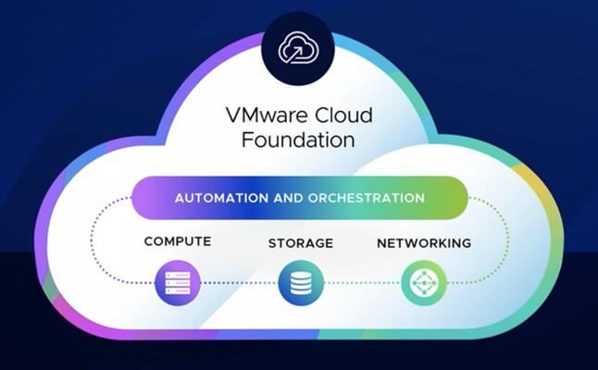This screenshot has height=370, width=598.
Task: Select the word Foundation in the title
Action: (x=298, y=140)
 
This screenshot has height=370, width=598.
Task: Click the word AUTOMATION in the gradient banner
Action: (x=221, y=198)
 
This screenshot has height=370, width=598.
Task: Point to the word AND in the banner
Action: (x=288, y=198)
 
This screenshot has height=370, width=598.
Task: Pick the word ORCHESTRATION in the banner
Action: (x=367, y=198)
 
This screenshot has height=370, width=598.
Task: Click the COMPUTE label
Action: (x=178, y=241)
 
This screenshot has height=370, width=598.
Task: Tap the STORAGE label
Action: (x=301, y=243)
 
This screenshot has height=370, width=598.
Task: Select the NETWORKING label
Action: (x=424, y=243)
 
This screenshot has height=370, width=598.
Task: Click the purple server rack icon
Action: (x=178, y=283)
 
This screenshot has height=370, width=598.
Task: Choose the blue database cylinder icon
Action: (x=301, y=283)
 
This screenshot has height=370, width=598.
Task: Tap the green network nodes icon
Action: (x=424, y=283)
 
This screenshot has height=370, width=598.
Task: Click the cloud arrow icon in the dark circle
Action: (x=298, y=48)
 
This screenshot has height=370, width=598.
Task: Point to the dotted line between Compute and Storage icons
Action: (x=240, y=283)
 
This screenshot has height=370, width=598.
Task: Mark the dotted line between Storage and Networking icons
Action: (x=363, y=283)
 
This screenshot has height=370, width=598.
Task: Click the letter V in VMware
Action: (x=234, y=115)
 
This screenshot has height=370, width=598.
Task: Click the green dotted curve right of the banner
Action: (x=508, y=240)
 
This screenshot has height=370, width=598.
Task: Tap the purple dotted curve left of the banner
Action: (x=91, y=240)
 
